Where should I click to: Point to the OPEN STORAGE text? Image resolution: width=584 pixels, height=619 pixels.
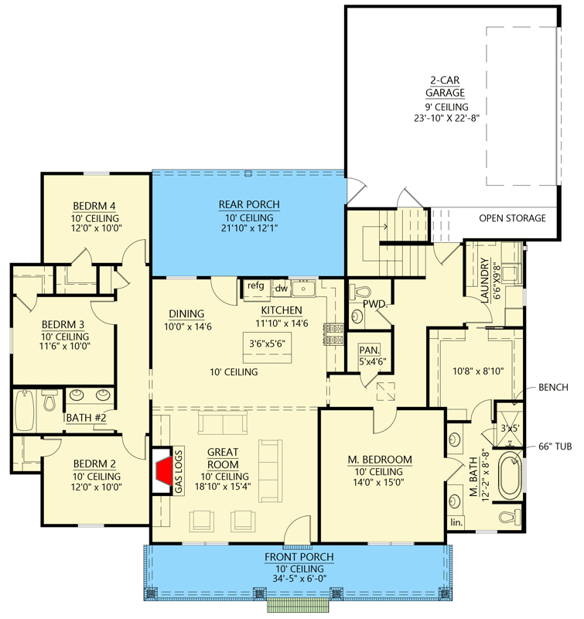[x=512, y=218]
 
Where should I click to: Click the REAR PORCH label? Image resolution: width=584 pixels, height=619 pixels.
[x=248, y=204]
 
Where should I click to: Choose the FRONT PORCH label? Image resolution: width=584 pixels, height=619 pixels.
[x=298, y=557]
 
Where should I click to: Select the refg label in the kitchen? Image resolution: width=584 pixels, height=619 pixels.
[x=256, y=286]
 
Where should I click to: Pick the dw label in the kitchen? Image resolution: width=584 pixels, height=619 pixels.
[x=282, y=289]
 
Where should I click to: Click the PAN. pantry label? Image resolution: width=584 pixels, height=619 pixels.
[x=369, y=351]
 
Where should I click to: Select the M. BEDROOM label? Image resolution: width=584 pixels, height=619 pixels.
[x=379, y=460]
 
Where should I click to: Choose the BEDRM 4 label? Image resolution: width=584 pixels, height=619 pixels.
[x=94, y=206]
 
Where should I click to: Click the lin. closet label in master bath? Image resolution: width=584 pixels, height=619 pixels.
[x=456, y=522]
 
